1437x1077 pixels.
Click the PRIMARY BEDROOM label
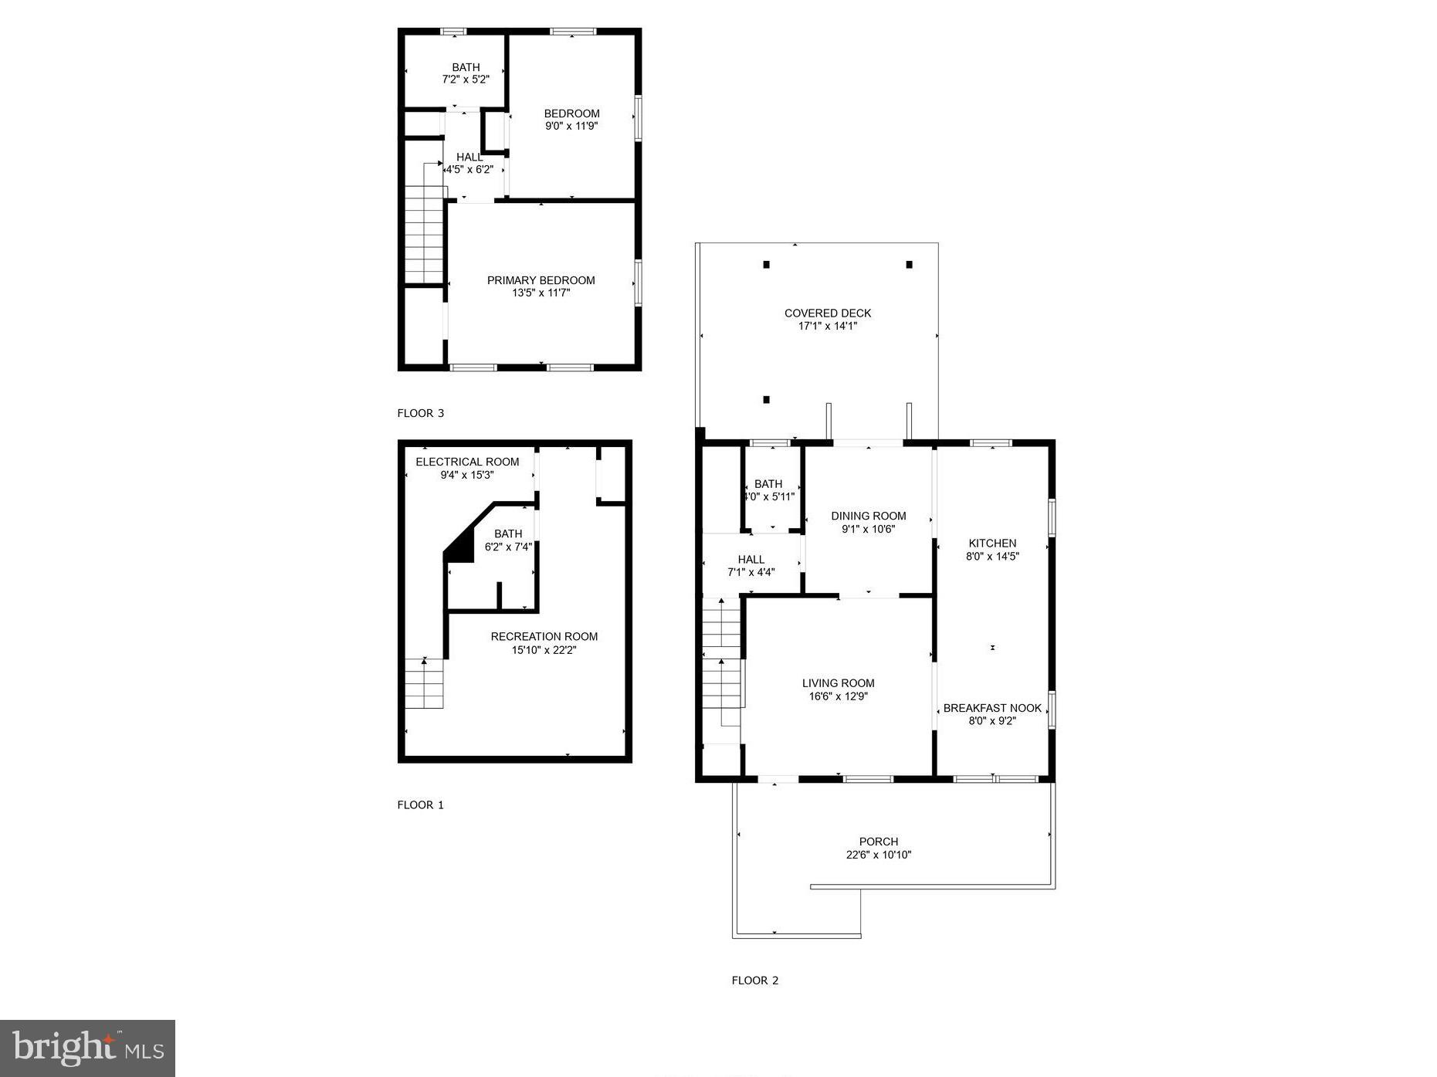tap(541, 280)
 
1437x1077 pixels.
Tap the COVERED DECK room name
tap(827, 313)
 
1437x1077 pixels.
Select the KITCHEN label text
tap(992, 543)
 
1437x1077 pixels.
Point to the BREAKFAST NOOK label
tap(992, 708)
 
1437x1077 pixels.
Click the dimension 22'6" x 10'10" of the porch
tap(879, 855)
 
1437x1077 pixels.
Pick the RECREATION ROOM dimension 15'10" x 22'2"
tap(544, 650)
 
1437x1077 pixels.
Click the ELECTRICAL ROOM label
tap(467, 462)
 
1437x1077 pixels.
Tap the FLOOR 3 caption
tap(420, 413)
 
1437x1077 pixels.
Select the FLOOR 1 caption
tap(420, 804)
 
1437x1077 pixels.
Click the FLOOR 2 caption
tap(754, 980)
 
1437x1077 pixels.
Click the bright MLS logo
tap(87, 1048)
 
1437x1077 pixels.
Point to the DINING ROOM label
tap(868, 516)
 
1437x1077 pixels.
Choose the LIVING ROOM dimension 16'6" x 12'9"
tap(838, 696)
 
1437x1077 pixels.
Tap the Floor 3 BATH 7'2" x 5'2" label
tap(466, 73)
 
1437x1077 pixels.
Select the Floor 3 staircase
tap(424, 232)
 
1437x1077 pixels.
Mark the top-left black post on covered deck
tap(766, 265)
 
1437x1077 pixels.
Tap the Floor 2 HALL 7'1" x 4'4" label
tap(751, 565)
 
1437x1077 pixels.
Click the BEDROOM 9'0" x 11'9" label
tap(571, 119)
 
